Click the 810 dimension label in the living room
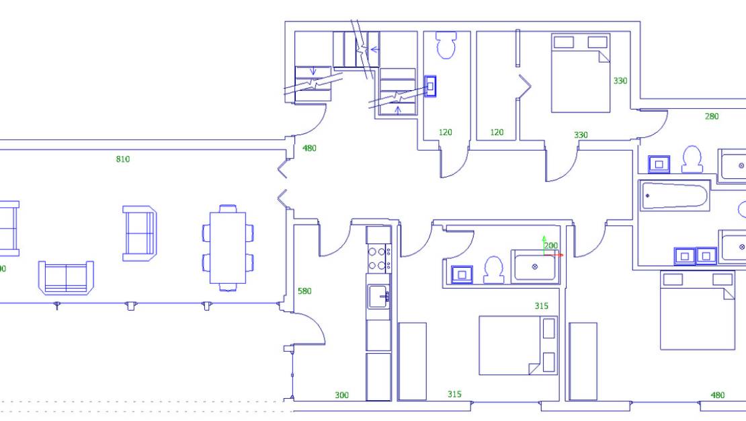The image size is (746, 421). pos(122,159)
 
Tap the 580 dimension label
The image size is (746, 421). pos(304,291)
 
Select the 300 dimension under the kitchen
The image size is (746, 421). pos(341,395)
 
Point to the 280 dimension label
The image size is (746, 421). pos(711,116)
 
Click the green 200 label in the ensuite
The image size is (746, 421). pos(551,245)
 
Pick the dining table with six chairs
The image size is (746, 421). pos(229,247)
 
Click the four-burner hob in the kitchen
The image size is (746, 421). pos(379,258)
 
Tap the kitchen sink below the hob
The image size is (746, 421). pos(378,295)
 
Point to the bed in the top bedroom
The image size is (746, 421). pos(581,73)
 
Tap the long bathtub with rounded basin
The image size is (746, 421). pos(674,196)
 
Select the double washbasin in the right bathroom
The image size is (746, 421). pos(696,256)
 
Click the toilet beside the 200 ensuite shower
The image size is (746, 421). pos(494,270)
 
